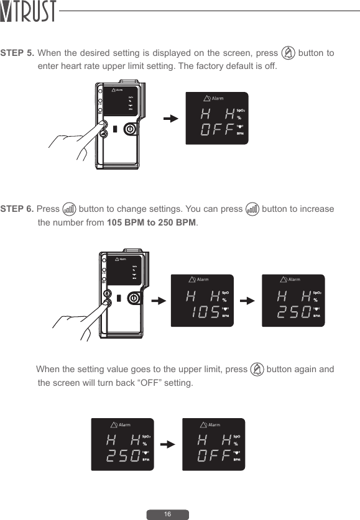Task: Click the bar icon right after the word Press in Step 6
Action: pos(70,209)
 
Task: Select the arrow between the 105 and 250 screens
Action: pos(247,301)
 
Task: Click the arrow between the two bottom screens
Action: pos(167,445)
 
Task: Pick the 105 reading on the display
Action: pos(201,312)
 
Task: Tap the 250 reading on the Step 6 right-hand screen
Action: pos(293,312)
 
